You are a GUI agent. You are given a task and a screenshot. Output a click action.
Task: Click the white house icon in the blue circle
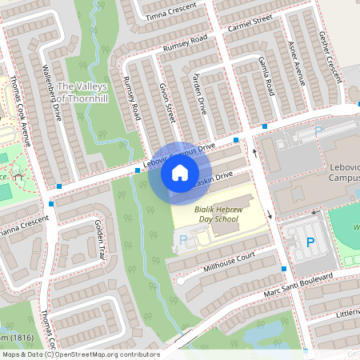pyautogui.click(x=180, y=173)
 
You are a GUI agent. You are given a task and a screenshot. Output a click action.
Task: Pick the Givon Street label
pyautogui.click(x=167, y=102)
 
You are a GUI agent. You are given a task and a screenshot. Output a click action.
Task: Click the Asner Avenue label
pyautogui.click(x=295, y=63)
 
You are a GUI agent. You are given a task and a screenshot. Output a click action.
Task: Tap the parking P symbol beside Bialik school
pyautogui.click(x=183, y=239)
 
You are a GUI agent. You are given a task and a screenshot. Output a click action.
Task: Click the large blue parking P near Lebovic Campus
pyautogui.click(x=310, y=242)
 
